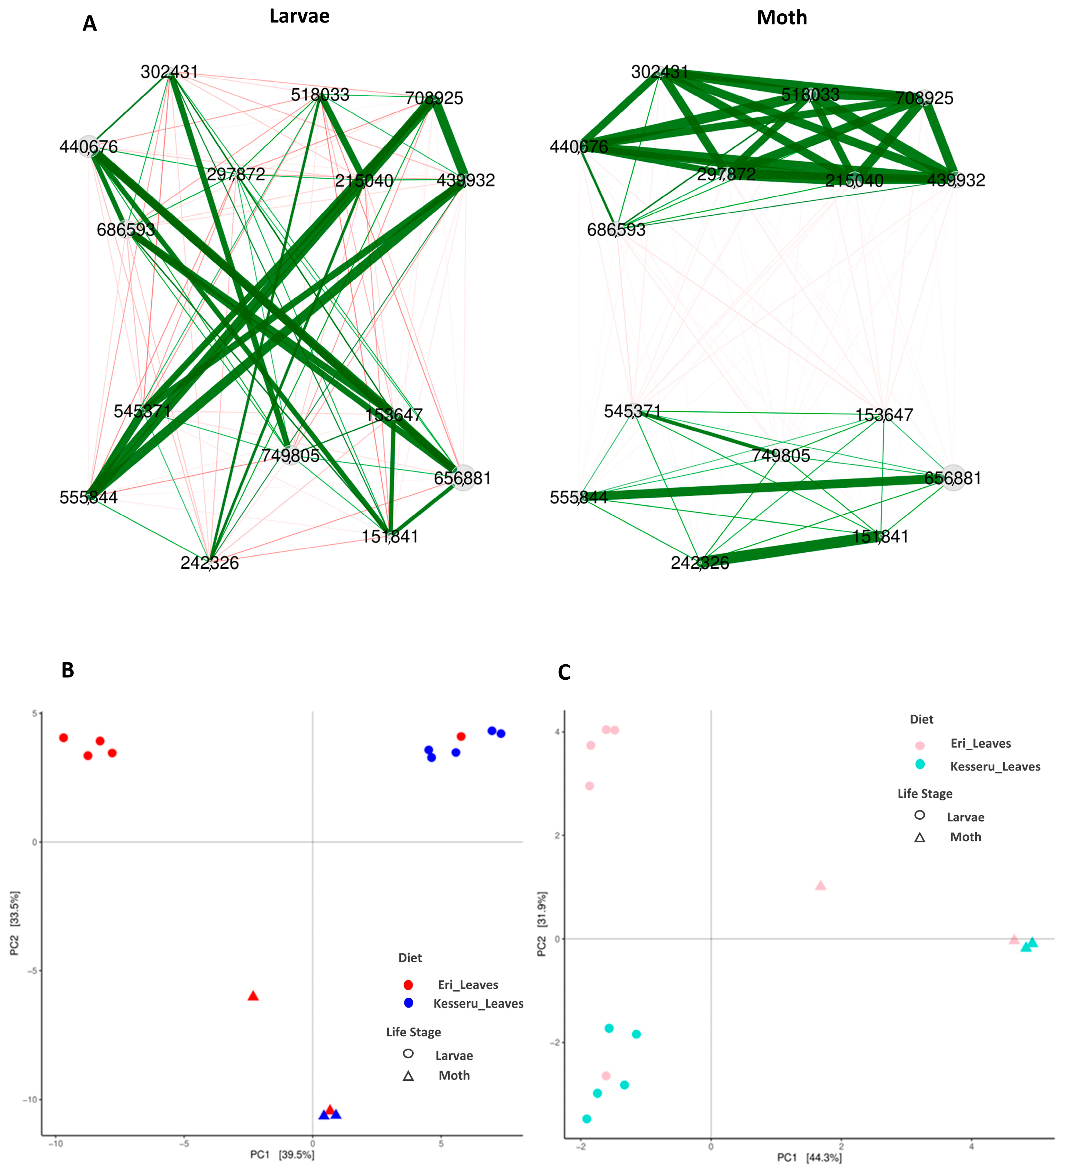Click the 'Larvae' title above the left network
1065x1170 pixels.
299,16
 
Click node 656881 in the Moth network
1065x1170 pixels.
953,478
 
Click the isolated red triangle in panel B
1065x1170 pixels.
253,996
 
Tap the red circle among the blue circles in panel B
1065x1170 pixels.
461,737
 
